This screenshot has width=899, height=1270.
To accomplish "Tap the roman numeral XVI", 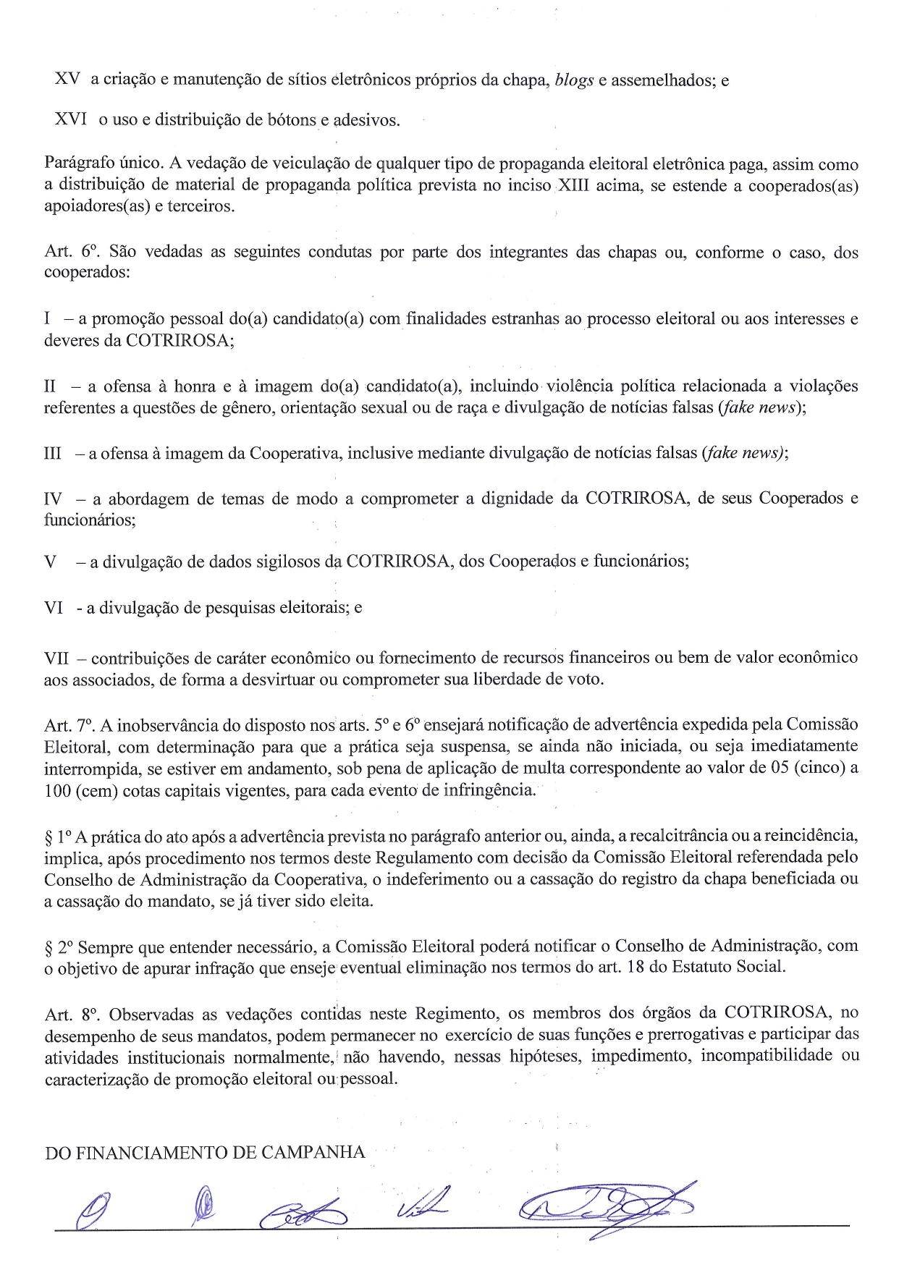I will [70, 119].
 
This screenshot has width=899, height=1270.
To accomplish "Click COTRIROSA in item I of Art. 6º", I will [179, 340].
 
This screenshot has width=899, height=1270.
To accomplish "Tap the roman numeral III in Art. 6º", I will [53, 454].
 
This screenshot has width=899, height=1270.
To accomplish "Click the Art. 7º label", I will [69, 724].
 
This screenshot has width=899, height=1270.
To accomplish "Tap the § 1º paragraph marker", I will [57, 837].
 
